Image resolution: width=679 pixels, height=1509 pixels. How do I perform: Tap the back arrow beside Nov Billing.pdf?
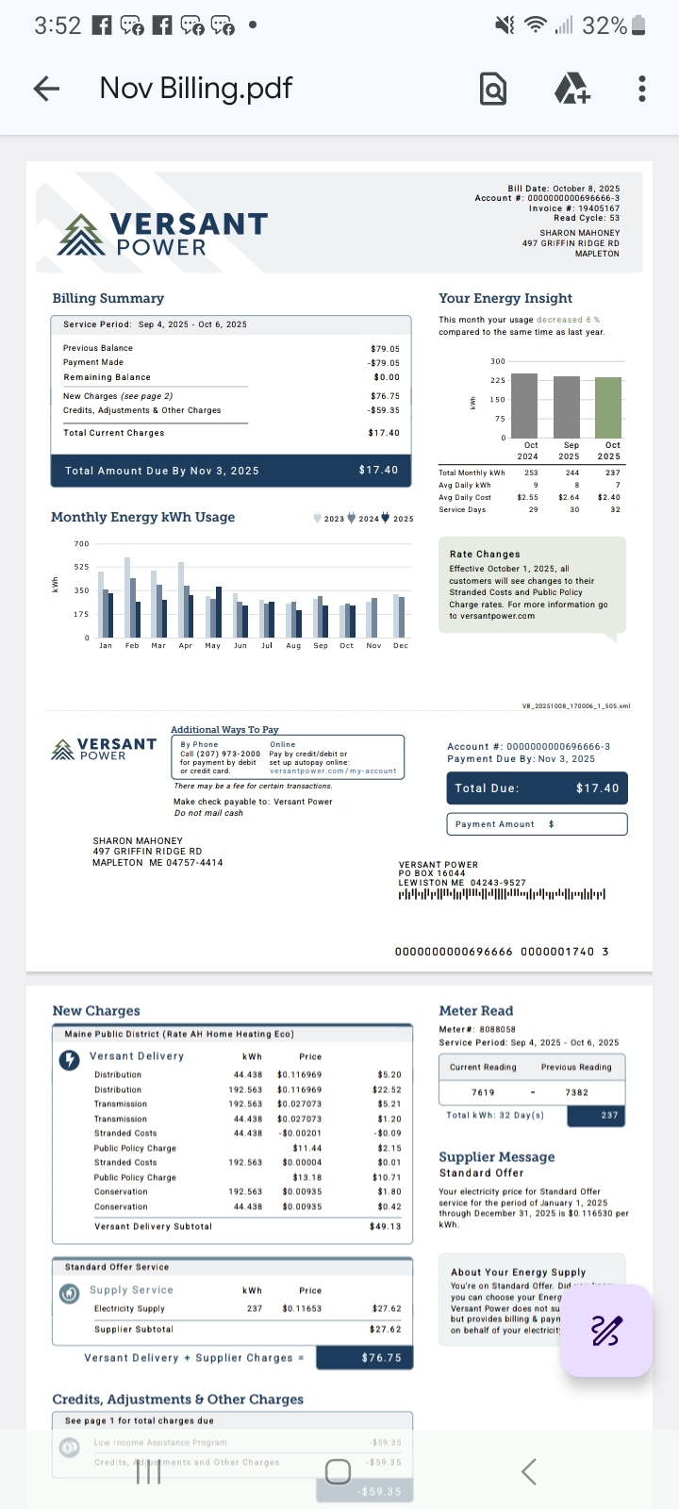(46, 89)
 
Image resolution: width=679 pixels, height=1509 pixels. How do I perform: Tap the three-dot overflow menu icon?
(641, 89)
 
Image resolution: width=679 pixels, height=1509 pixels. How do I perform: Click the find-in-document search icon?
(493, 89)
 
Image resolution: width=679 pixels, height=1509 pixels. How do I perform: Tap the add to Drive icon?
(571, 89)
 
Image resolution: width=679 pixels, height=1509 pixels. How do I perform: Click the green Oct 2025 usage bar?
(608, 407)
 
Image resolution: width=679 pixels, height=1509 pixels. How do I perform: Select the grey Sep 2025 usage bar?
(567, 406)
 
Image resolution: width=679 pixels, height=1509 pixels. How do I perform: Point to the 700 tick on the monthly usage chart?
(81, 544)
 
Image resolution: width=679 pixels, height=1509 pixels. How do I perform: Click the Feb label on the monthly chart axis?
(132, 646)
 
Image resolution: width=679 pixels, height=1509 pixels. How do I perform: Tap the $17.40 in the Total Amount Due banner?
(378, 470)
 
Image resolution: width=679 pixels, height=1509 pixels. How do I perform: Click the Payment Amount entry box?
(536, 824)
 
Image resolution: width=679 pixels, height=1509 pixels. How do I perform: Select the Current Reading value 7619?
(483, 1092)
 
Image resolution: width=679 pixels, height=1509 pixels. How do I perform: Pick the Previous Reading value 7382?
(576, 1092)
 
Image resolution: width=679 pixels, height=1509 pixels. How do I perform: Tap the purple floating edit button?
(605, 1331)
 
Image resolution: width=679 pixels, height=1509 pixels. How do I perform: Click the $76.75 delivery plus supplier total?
(381, 1358)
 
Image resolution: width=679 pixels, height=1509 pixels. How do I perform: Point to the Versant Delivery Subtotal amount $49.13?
(385, 1227)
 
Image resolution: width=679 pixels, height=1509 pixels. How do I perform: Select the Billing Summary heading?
(108, 298)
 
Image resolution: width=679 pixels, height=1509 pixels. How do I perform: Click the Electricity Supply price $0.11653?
(302, 1309)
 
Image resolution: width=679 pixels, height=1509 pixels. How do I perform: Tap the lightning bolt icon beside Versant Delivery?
(70, 1060)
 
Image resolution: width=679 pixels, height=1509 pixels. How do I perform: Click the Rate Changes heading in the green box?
(485, 555)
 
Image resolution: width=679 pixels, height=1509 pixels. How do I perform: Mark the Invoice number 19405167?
(599, 208)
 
